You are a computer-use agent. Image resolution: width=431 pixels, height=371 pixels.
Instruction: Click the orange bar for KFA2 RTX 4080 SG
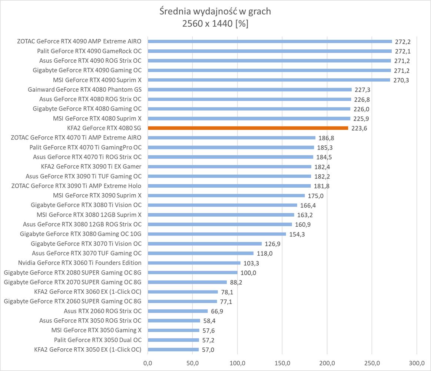(248, 128)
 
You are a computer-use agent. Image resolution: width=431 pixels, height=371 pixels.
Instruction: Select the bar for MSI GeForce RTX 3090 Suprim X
(226, 196)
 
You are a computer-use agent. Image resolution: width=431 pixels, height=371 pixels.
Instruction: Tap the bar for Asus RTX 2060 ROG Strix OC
(178, 311)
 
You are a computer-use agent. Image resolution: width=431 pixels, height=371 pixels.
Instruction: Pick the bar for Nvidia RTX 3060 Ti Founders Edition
(194, 263)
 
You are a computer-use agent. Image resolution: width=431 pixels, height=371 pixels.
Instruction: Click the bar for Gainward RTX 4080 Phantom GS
(249, 89)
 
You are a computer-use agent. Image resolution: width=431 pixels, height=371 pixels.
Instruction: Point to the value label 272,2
(402, 42)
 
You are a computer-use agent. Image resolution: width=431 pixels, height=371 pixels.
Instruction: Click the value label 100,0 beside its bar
(248, 273)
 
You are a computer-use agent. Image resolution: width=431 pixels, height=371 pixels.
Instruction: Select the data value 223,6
(359, 128)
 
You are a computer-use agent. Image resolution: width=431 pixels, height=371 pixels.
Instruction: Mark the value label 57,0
(208, 350)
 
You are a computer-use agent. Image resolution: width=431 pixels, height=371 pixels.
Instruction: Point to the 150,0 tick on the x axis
(282, 362)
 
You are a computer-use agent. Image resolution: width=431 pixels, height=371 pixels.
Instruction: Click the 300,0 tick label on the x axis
(417, 362)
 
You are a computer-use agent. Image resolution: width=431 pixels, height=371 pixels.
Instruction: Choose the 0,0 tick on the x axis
(148, 362)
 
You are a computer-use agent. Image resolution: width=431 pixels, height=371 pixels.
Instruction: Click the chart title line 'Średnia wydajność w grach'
(215, 12)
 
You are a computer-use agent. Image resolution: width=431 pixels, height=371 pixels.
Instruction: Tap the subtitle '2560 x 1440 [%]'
(215, 24)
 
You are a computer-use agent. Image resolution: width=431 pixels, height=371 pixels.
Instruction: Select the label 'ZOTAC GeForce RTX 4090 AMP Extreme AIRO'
(79, 41)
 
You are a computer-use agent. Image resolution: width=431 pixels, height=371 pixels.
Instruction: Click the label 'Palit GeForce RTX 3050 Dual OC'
(97, 340)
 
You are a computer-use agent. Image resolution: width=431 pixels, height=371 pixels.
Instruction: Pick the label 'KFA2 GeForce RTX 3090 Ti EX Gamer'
(91, 167)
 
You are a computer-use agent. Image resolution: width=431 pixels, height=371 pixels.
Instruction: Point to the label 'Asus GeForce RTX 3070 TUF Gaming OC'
(87, 253)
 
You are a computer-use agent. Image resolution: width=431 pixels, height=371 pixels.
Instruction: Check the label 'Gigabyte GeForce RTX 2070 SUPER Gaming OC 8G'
(73, 282)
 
